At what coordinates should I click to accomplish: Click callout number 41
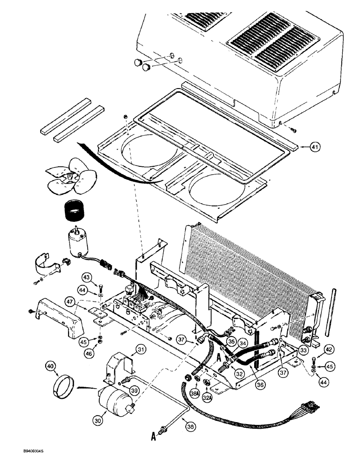tap(316, 148)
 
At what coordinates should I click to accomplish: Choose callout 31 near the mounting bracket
tap(141, 349)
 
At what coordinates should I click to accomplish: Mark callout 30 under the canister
tap(97, 420)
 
